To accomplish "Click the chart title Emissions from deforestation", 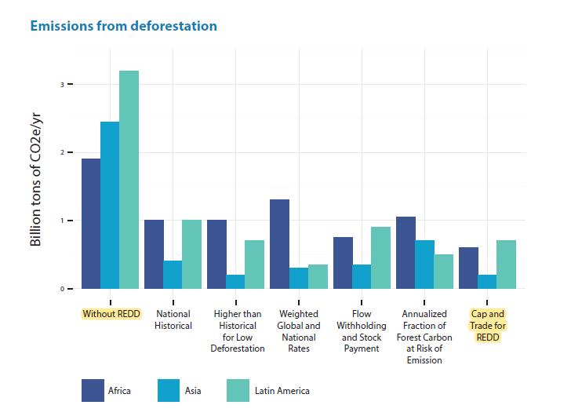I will point(123,26).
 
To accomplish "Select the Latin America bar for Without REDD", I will point(129,180).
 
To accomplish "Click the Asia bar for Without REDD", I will point(110,205).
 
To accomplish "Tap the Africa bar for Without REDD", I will point(91,224).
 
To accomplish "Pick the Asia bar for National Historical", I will point(173,275).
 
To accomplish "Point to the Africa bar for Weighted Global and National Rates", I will point(280,244).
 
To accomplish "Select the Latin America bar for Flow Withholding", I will point(380,257).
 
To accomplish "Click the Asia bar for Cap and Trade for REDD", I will point(487,282).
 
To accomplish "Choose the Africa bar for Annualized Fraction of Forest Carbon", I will point(406,253).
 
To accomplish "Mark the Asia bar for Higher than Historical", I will point(235,282).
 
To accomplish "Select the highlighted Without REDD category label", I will point(111,314).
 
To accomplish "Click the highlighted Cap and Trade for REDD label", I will point(487,325).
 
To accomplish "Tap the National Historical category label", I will point(173,319).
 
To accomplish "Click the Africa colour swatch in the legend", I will point(93,390).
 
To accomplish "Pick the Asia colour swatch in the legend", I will point(169,390).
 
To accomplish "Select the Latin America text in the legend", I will point(282,391).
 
